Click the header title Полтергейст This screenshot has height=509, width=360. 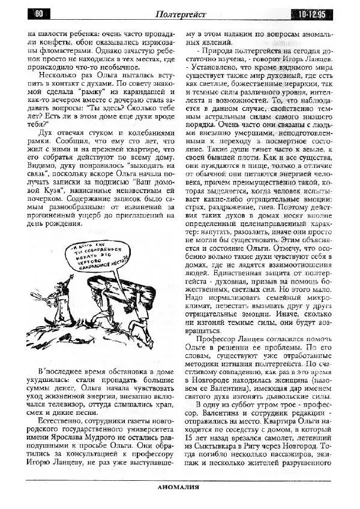[180, 14]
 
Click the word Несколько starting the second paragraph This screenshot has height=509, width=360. [58, 76]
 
